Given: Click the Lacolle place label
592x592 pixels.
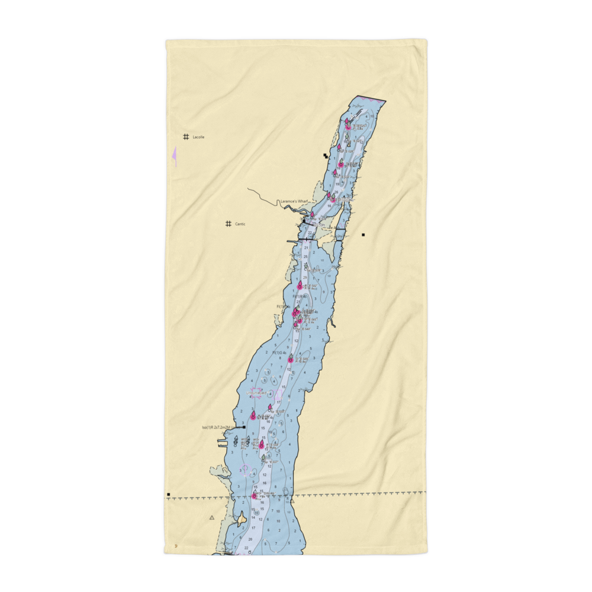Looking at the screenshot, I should pos(198,137).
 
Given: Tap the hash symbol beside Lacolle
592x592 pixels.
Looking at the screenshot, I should pos(186,137).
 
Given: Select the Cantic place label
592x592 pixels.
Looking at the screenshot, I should pos(240,224).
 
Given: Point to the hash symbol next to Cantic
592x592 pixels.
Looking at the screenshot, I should pos(228,224).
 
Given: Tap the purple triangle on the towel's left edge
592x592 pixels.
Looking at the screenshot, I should pos(174,156).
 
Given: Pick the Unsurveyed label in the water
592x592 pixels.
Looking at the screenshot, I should pos(258,392).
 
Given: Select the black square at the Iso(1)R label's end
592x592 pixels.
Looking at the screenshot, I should pos(244,427).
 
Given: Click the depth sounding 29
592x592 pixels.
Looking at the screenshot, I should pos(305,277).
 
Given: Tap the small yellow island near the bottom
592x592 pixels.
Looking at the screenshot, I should pos(242,519).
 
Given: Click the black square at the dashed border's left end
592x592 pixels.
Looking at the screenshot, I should pos(169,494).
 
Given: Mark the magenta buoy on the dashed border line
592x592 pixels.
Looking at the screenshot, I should pos(255,496).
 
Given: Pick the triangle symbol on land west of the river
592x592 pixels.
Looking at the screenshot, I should pos(211,517).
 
